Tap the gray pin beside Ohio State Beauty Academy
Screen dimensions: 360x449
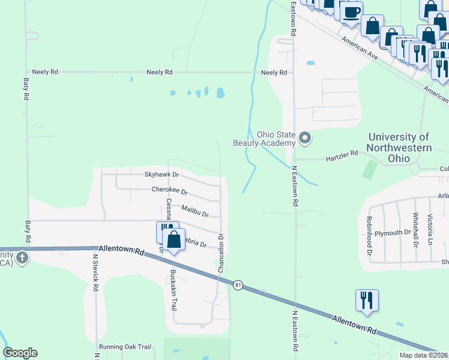pos(305,139)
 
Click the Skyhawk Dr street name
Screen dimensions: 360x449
pos(161,175)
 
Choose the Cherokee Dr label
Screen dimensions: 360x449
pos(170,190)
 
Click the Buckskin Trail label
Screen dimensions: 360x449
pos(173,290)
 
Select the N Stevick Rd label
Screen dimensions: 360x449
pos(95,271)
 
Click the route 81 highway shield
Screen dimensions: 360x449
pos(238,285)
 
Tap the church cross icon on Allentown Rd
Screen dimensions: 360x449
pos(22,258)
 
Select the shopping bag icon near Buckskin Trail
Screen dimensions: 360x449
pos(174,240)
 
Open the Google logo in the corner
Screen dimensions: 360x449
pos(20,352)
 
